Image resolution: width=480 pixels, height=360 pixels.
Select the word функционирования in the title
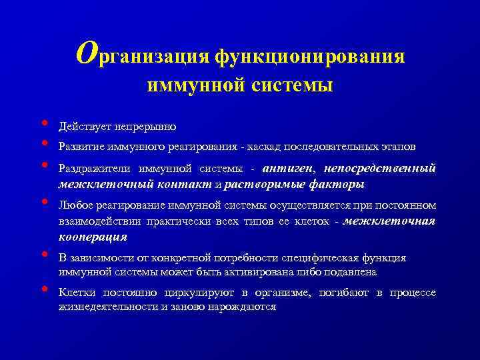(x=309, y=57)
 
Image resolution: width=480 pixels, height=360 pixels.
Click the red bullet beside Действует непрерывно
(x=44, y=123)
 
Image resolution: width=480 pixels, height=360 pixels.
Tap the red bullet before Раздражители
(x=44, y=164)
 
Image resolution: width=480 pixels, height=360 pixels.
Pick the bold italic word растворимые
(x=258, y=184)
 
